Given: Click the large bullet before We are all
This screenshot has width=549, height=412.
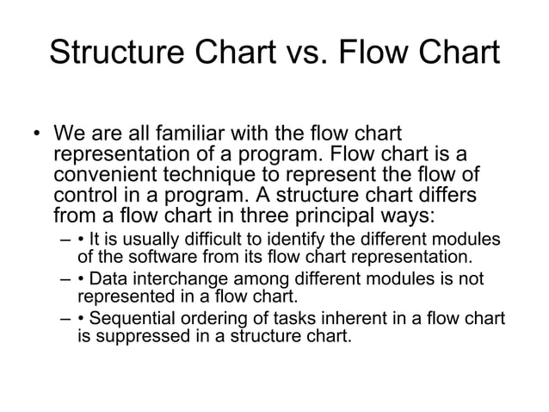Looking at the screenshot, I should (x=36, y=135).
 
